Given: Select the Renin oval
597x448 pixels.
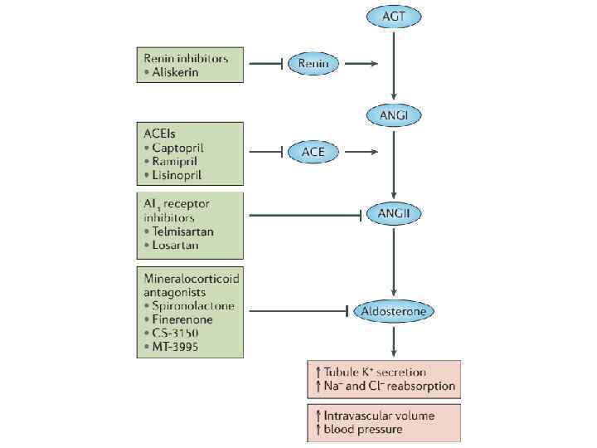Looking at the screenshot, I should point(313,63).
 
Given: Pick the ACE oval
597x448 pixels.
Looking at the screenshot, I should point(313,152).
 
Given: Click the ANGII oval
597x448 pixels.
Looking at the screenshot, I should point(394,214).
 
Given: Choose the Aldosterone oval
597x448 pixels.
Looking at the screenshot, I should point(394,311).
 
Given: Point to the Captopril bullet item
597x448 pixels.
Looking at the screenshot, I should point(177,148).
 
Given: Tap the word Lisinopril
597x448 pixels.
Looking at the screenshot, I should point(177,175).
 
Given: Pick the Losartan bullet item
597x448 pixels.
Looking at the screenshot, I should point(175,246).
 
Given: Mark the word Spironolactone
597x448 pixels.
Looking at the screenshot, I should point(192,305).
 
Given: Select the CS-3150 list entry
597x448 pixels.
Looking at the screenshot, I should point(175,332).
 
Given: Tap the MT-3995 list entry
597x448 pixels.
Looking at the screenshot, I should point(176,346).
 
